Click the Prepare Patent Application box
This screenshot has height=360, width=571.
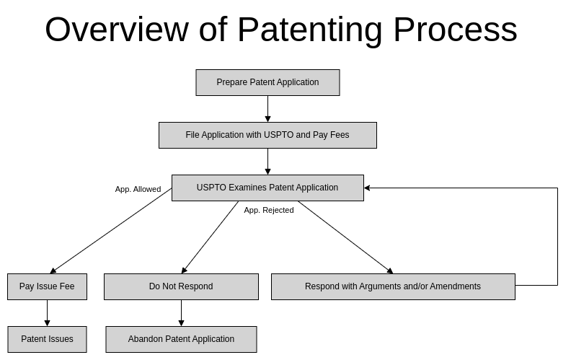[267, 82]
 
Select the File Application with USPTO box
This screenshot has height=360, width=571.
[267, 135]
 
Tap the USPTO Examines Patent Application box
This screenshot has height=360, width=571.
[267, 188]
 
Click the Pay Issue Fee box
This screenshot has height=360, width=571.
[47, 286]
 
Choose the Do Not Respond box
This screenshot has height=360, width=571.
[181, 286]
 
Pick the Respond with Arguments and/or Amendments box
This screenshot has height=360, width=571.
[393, 286]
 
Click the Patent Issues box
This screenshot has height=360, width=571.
[47, 339]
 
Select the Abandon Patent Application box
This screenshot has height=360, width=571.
[181, 339]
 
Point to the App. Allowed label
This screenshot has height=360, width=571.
[138, 189]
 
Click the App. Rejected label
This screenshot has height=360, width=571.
[268, 210]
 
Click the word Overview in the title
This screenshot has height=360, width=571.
[116, 30]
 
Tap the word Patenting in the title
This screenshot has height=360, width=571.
[311, 30]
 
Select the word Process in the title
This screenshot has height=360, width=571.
[455, 30]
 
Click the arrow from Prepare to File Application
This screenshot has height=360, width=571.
[267, 108]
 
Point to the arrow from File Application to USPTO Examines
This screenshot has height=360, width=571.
[267, 161]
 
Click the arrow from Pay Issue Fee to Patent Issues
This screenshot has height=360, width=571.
[47, 312]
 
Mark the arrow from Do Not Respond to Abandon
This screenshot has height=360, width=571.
[181, 312]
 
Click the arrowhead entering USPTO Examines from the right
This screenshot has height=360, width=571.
[368, 188]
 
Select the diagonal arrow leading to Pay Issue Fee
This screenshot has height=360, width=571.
[110, 231]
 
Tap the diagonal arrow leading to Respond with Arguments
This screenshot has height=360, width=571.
[345, 237]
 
